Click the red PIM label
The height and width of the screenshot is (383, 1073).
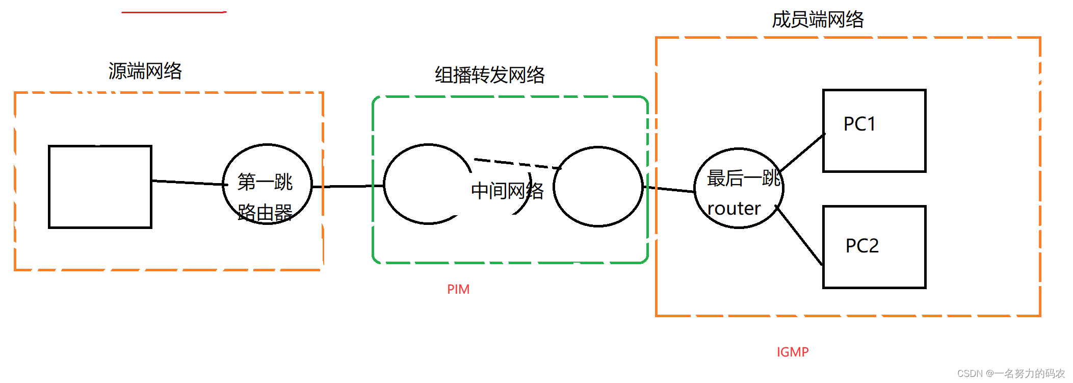[458, 289]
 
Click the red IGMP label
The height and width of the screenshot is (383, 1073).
[792, 352]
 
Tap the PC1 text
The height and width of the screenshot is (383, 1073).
[859, 124]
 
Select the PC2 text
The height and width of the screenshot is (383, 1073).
[862, 246]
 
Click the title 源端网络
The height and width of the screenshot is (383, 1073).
[145, 71]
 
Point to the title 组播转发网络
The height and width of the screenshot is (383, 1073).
[489, 75]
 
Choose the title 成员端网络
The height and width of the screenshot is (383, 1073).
[818, 20]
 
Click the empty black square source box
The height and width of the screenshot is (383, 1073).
[100, 187]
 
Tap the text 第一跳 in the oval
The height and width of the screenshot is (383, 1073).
[265, 182]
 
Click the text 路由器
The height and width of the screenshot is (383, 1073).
[265, 212]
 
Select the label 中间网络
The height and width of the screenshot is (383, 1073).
[507, 191]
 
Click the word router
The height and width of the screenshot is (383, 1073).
[734, 209]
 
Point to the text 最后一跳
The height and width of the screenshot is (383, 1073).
[743, 178]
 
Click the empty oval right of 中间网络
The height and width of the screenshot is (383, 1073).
[598, 187]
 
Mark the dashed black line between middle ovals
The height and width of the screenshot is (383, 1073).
[517, 164]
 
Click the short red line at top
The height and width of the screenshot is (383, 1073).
[173, 12]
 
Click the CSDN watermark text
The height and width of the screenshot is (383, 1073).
[1011, 374]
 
